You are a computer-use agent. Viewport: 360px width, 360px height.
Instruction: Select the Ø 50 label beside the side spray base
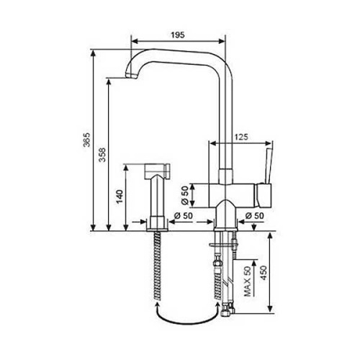click(x=184, y=214)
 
